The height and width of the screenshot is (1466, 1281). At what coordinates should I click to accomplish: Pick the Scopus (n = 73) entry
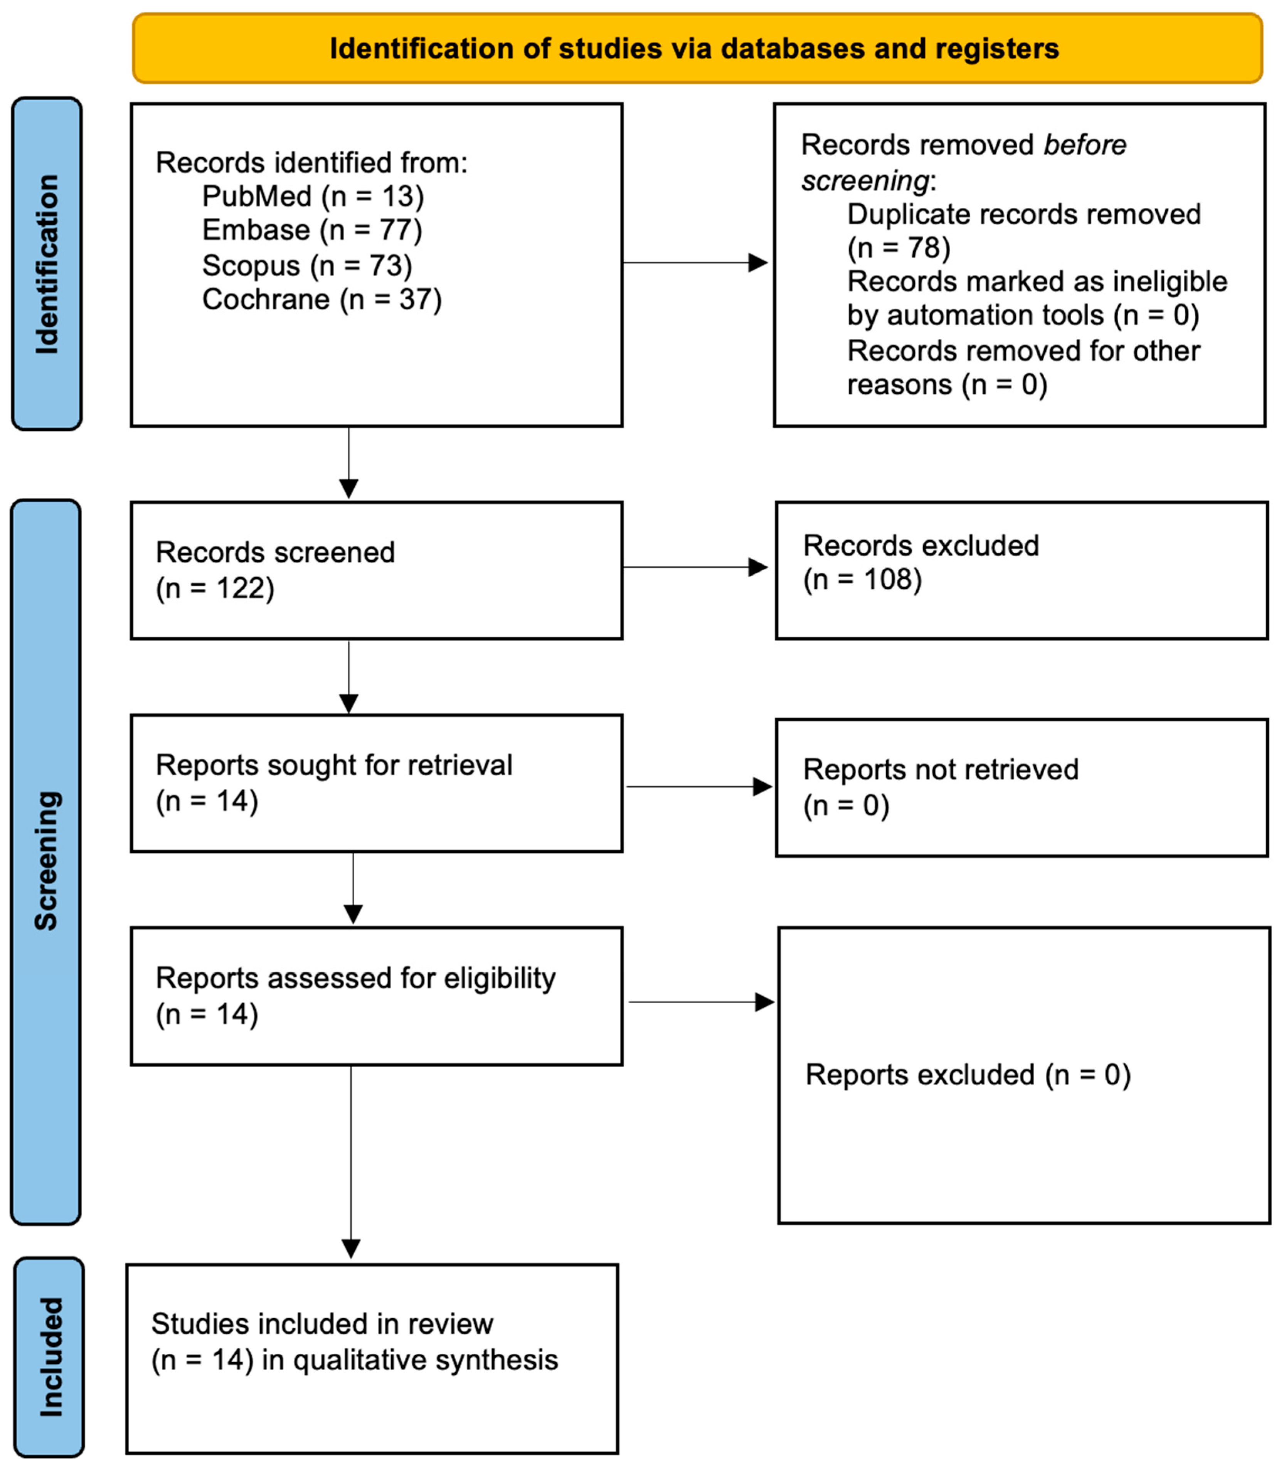307,265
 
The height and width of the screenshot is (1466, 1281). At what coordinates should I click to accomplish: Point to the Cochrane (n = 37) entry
322,299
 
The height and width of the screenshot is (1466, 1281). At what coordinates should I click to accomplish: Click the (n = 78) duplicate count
899,248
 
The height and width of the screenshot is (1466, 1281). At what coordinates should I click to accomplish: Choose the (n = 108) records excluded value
862,579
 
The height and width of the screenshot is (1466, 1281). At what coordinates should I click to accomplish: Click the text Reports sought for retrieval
334,765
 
